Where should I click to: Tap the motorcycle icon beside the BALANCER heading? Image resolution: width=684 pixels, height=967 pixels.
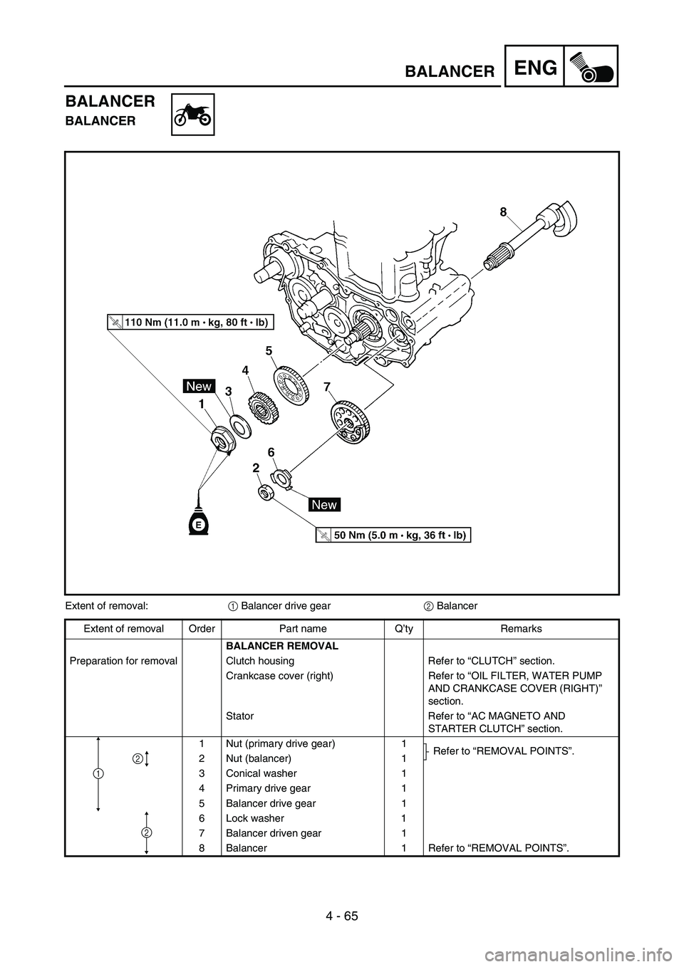tap(192, 115)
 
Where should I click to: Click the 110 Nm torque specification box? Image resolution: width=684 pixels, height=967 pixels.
tap(190, 322)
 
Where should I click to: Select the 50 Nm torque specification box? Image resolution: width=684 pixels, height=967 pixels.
tap(393, 535)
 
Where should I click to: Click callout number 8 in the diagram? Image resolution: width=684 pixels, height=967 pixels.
tap(503, 211)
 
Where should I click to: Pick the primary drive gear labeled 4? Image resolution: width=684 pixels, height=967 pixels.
tap(263, 407)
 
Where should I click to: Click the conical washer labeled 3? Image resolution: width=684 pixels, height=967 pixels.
tap(241, 427)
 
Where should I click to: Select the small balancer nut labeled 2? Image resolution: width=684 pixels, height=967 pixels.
tap(265, 493)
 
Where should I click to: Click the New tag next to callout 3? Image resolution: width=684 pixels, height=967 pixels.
tap(199, 386)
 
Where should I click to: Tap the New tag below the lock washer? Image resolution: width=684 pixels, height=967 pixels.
tap(324, 503)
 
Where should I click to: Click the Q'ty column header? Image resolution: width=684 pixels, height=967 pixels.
tap(403, 629)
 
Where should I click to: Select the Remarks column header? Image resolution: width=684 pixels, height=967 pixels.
tap(521, 629)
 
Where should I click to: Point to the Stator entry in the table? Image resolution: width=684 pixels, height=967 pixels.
tap(239, 716)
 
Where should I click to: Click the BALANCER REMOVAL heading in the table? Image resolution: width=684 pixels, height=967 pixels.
tap(282, 646)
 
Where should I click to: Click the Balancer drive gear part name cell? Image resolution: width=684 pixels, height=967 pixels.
tap(271, 803)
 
